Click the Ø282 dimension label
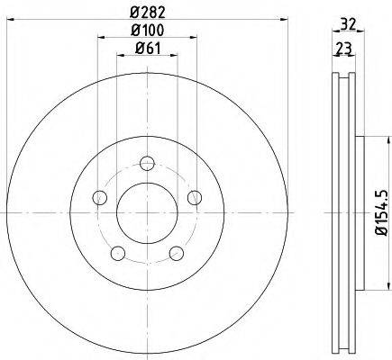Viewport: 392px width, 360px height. (148, 13)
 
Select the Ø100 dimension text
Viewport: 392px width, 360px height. (148, 30)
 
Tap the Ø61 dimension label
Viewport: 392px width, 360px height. (148, 48)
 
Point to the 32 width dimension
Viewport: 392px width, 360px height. (349, 23)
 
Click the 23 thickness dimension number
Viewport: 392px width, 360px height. (343, 48)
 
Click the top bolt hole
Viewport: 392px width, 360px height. (147, 164)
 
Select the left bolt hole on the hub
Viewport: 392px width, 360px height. (100, 197)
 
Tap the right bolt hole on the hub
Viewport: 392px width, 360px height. (195, 197)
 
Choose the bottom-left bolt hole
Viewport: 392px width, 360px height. (118, 254)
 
